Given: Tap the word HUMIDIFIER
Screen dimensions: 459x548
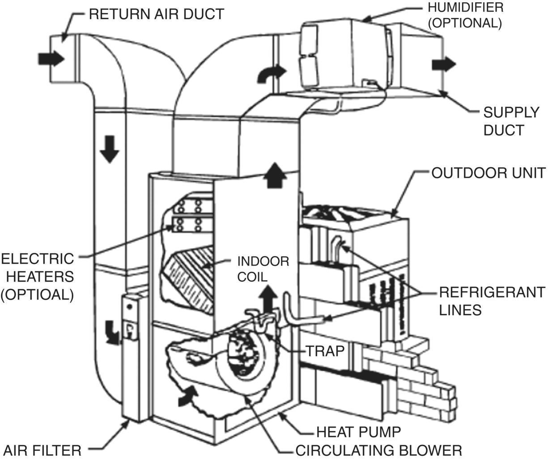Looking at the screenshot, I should tap(465, 8).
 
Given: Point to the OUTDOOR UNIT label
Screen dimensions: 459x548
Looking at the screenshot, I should tap(488, 173).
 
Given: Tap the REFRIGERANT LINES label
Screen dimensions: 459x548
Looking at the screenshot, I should tap(492, 300).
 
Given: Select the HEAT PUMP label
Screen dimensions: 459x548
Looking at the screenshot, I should tap(358, 432).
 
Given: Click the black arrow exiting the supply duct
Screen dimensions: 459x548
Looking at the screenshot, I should tap(443, 64).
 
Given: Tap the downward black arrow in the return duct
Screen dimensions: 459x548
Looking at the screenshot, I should tap(109, 153).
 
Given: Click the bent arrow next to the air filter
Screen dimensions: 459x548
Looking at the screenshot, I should tap(110, 332).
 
